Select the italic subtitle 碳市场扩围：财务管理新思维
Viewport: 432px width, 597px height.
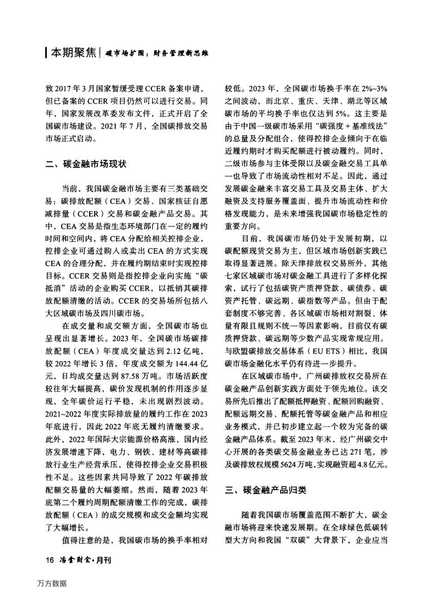[156, 55]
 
